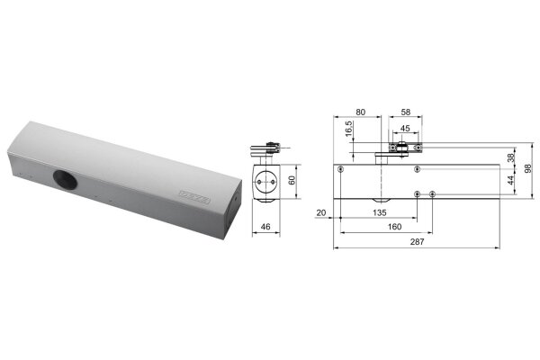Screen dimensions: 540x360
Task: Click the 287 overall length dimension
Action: (x=417, y=242)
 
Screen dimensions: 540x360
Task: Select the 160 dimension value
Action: (x=394, y=227)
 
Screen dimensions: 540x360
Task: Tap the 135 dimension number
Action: (x=380, y=213)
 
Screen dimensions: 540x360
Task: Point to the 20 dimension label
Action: (x=320, y=213)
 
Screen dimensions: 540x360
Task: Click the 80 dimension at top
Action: (x=360, y=112)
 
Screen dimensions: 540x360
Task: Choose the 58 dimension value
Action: (x=406, y=112)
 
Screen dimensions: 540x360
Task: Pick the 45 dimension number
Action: (x=405, y=129)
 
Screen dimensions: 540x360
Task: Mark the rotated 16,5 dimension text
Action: (x=349, y=129)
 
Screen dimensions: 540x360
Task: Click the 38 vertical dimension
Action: (x=511, y=157)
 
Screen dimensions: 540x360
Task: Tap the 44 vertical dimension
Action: (x=511, y=180)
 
